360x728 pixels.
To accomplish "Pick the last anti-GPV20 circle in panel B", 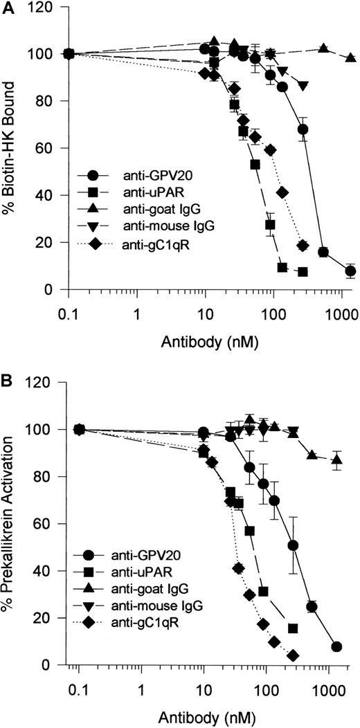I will click(336, 646).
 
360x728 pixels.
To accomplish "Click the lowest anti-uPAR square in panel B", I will click(293, 628).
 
